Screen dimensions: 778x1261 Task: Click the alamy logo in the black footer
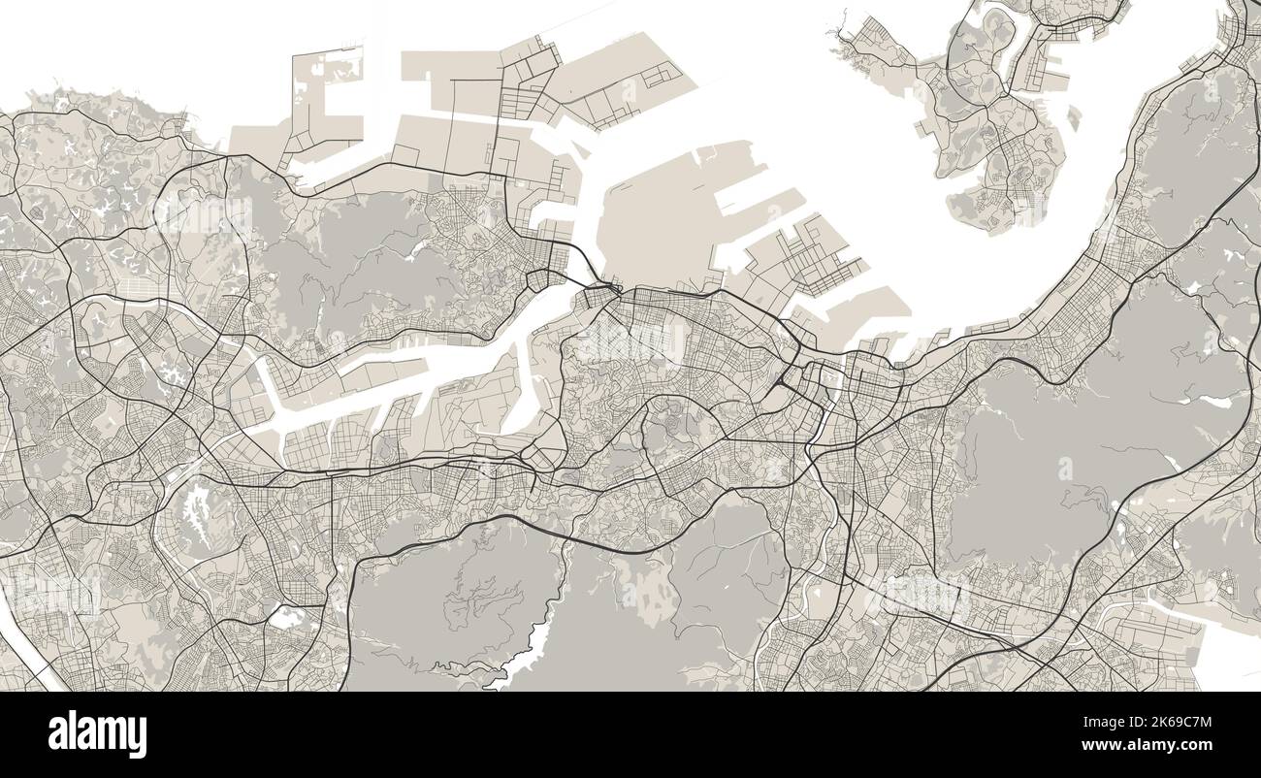coord(97,734)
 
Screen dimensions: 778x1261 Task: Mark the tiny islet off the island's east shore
coord(1074,118)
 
